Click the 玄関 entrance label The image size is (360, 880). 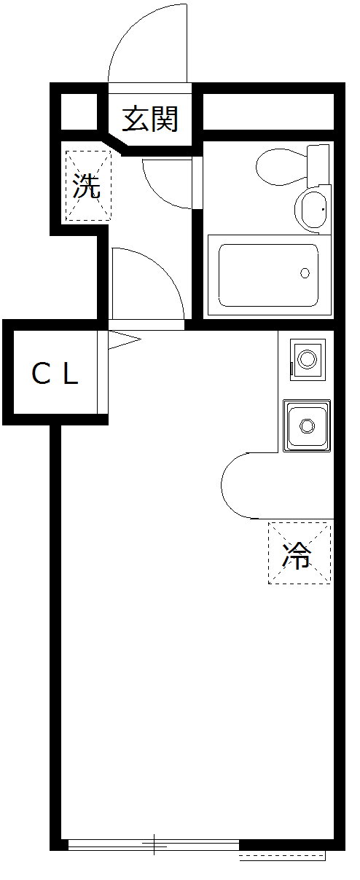pos(150,119)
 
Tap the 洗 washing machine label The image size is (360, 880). pos(87,186)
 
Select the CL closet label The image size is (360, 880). pos(55,374)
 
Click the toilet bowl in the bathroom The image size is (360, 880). pos(281,167)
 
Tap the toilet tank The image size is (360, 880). pos(318,167)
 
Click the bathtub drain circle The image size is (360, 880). pos(305,272)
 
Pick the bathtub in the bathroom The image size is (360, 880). pos(269,275)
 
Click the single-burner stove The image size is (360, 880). pos(308,359)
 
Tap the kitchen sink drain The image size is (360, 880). pos(307,425)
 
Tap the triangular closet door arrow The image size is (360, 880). pos(124,339)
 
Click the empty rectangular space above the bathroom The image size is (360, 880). pos(268,111)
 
